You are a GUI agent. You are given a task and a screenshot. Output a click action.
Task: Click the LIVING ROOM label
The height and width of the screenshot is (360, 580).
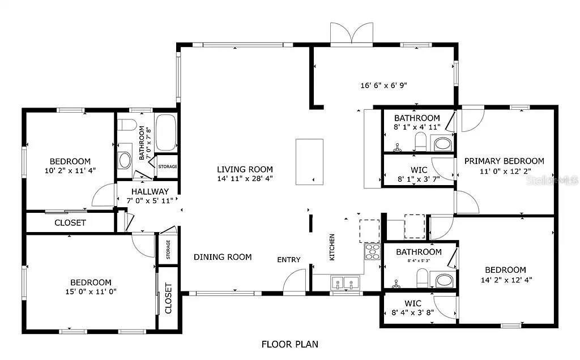[x=245, y=169]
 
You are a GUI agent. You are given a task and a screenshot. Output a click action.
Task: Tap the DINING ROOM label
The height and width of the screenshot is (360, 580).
[x=223, y=257]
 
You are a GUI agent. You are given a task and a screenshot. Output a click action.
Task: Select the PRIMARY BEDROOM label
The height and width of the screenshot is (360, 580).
[x=504, y=161]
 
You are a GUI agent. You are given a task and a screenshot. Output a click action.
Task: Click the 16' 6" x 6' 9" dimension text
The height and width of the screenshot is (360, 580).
[x=383, y=86]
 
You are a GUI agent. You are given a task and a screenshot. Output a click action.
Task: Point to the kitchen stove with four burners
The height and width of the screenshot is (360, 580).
[x=372, y=251]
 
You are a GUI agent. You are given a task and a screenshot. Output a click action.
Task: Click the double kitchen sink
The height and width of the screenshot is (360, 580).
[x=344, y=282]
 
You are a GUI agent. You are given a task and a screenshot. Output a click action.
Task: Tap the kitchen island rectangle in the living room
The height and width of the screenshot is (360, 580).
[x=309, y=161]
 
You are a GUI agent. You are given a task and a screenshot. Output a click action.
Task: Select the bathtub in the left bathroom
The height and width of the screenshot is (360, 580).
[x=165, y=132]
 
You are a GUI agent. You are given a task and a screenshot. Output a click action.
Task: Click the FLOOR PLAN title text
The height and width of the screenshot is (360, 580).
[x=289, y=344]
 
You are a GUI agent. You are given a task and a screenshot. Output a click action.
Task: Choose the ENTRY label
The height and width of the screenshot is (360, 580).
[x=288, y=260]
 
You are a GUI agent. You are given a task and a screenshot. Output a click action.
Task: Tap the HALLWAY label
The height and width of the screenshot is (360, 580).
[x=150, y=192]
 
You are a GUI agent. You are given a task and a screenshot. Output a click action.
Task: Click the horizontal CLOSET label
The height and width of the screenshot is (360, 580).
[x=70, y=223]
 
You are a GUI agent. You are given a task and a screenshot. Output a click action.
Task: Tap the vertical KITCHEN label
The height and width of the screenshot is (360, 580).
[x=332, y=247]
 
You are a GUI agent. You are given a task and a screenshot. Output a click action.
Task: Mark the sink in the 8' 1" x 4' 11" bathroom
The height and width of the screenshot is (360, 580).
[x=443, y=143]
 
